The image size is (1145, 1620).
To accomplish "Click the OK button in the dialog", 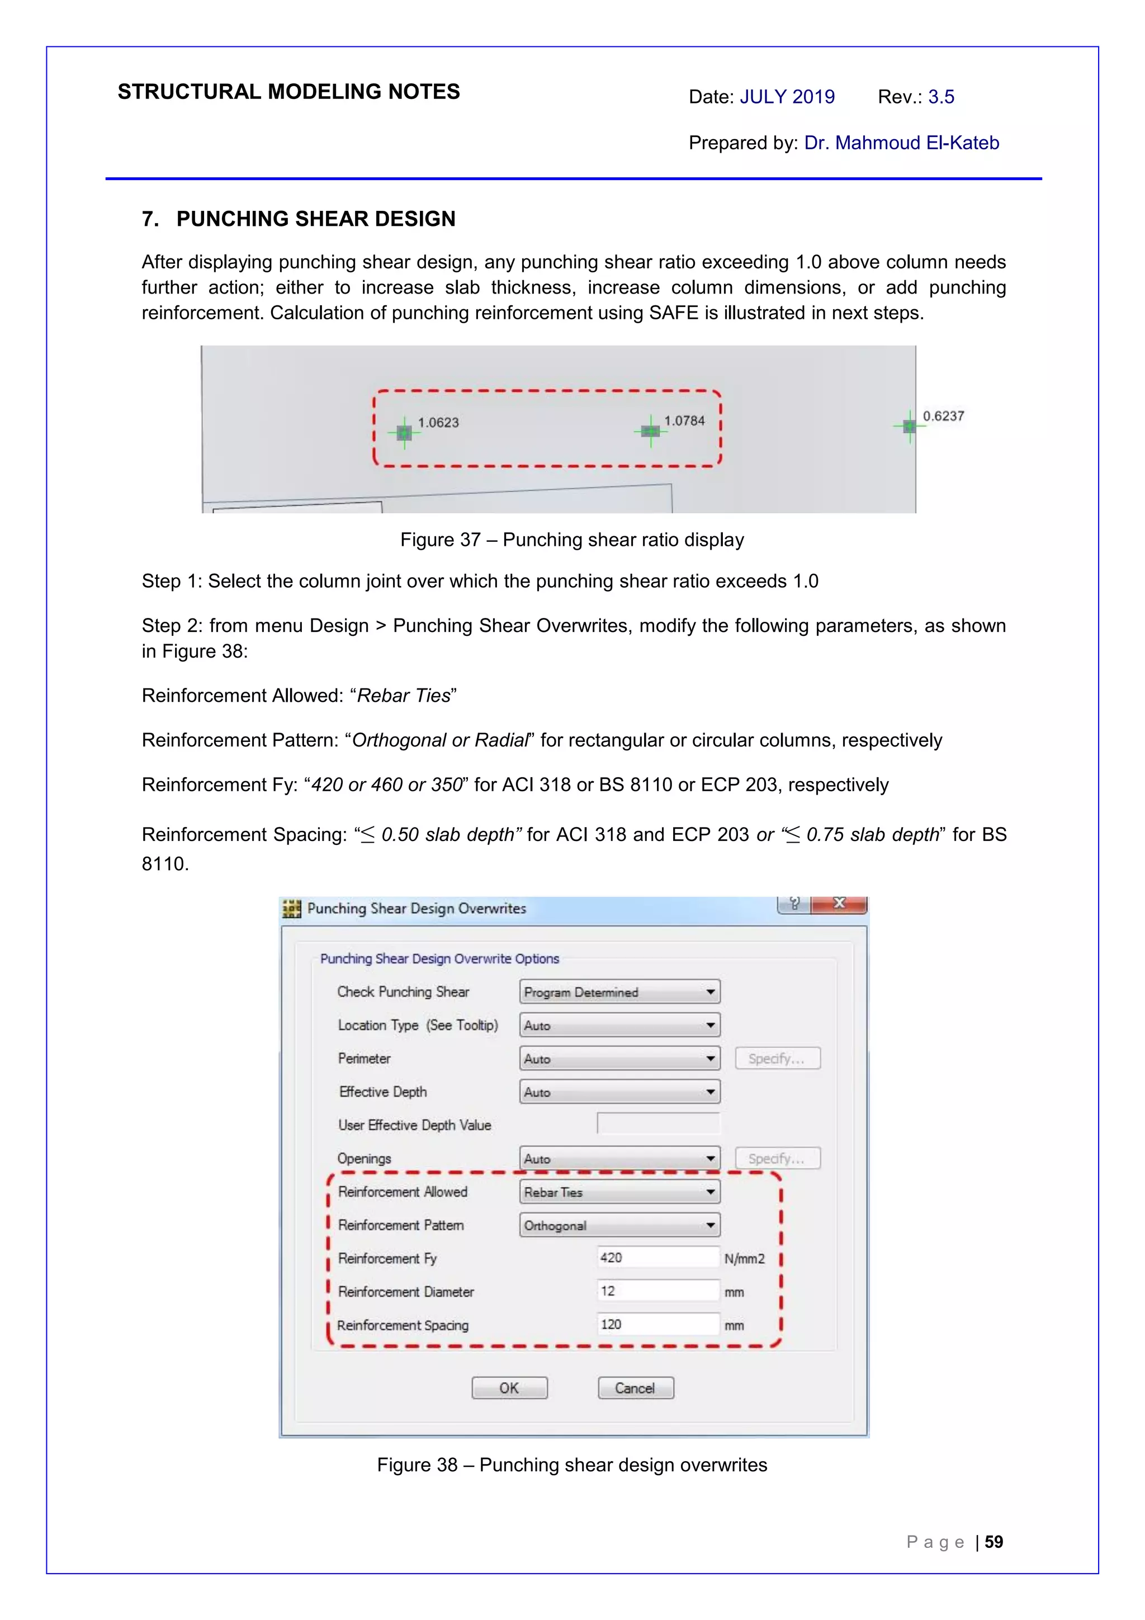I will [509, 1387].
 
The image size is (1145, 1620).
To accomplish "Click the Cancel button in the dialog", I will [635, 1387].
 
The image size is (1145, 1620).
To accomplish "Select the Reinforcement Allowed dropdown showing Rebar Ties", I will [619, 1192].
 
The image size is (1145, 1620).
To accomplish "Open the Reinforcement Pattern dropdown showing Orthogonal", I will [619, 1225].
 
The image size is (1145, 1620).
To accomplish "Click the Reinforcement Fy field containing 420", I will [657, 1257].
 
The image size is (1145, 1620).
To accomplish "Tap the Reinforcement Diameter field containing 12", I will [657, 1291].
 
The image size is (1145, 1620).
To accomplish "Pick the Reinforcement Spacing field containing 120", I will [657, 1324].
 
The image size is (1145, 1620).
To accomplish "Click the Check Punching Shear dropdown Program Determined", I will [619, 991].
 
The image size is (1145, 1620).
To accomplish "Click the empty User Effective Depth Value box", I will [657, 1123].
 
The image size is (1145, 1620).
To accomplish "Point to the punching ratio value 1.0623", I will [438, 423].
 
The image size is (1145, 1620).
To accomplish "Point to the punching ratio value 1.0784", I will [684, 421].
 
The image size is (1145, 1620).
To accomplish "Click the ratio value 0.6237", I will [943, 415].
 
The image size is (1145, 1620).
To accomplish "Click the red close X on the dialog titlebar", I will [839, 904].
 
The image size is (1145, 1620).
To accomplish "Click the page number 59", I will [993, 1542].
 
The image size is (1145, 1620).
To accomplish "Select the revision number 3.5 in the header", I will [940, 97].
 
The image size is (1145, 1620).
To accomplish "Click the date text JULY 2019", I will [787, 97].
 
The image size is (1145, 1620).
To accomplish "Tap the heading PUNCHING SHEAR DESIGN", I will [315, 219].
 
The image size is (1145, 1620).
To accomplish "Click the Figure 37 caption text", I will [571, 540].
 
